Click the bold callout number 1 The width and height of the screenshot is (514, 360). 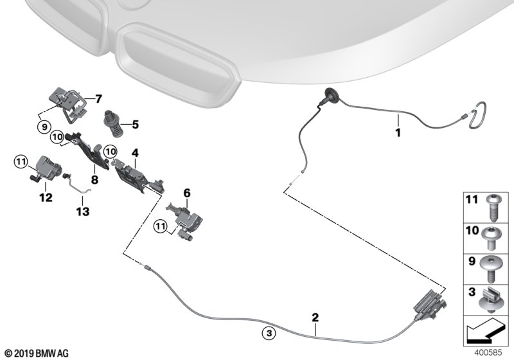(x=398, y=133)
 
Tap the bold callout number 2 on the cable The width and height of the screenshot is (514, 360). (x=315, y=318)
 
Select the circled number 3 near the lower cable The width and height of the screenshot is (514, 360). (x=269, y=334)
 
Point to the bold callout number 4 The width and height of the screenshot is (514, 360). (x=135, y=153)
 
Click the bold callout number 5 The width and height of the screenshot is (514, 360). (x=136, y=125)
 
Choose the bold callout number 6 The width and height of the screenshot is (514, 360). (x=186, y=193)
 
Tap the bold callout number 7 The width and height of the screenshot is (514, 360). (x=98, y=99)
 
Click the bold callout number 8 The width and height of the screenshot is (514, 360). (x=94, y=179)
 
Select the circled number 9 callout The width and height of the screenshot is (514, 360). (x=44, y=126)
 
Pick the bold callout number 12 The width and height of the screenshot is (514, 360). (x=46, y=197)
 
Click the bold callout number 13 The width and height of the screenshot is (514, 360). (x=83, y=212)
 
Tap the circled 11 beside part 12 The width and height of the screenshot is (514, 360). (x=21, y=161)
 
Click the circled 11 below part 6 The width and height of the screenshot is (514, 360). (x=161, y=226)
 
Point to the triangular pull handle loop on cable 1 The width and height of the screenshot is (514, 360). (x=477, y=115)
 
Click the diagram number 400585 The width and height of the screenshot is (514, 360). (x=488, y=353)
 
